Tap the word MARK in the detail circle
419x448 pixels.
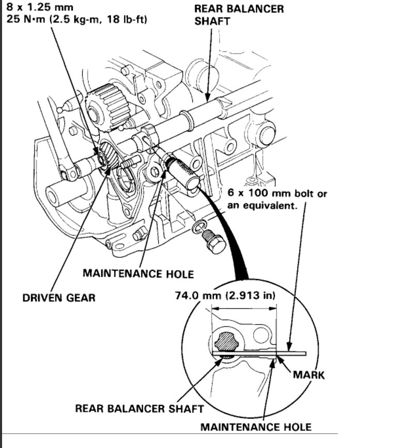tap(308, 375)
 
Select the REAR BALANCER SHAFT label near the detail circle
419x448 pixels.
tap(139, 409)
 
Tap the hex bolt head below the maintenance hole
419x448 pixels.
tap(214, 243)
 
